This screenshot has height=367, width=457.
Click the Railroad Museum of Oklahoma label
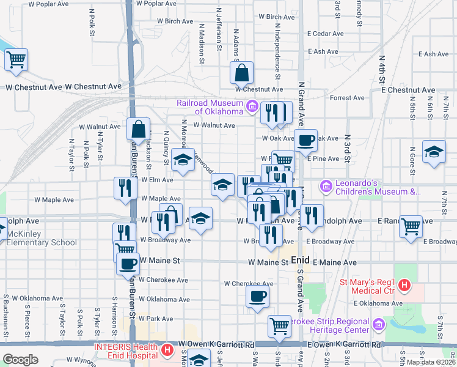click(x=210, y=107)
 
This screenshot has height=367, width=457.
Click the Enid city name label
click(x=300, y=260)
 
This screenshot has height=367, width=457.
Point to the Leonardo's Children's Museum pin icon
click(x=326, y=185)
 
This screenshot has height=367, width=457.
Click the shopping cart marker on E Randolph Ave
click(x=411, y=226)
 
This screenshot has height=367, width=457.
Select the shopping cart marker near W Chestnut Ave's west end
click(x=16, y=59)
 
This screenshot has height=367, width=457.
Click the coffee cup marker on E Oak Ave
click(x=305, y=140)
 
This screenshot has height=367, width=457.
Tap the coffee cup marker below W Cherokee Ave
click(x=257, y=296)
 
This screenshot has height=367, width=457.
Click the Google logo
click(x=20, y=360)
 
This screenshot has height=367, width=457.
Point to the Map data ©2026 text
click(x=431, y=362)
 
